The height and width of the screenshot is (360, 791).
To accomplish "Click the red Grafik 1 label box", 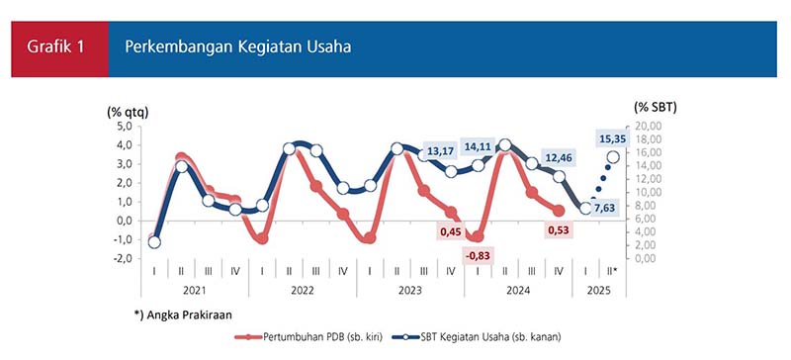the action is tap(59, 49).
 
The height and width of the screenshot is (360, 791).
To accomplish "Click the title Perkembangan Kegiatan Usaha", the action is tap(238, 47).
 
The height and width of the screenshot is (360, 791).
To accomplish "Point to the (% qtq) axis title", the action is tap(127, 113).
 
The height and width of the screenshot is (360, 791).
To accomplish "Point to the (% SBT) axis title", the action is tap(655, 107).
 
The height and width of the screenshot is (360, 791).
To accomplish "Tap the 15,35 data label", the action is tap(613, 138).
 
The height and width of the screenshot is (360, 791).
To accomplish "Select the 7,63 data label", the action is tap(608, 208).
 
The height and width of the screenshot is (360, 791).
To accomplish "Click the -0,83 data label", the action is tap(477, 256).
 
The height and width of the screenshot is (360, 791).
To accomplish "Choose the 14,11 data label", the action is tap(477, 146).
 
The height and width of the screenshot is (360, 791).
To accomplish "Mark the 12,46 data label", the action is tap(557, 158).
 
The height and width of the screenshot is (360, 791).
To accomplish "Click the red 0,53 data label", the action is tap(559, 231).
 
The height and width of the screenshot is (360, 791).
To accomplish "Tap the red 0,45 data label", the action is tap(452, 231).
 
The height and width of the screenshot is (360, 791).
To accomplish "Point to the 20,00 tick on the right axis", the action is tap(643, 126).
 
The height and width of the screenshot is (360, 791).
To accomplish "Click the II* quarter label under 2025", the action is tap(612, 271).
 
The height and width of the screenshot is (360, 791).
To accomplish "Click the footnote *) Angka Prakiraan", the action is tap(183, 315).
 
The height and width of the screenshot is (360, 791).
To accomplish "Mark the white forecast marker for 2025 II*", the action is tap(613, 157).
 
